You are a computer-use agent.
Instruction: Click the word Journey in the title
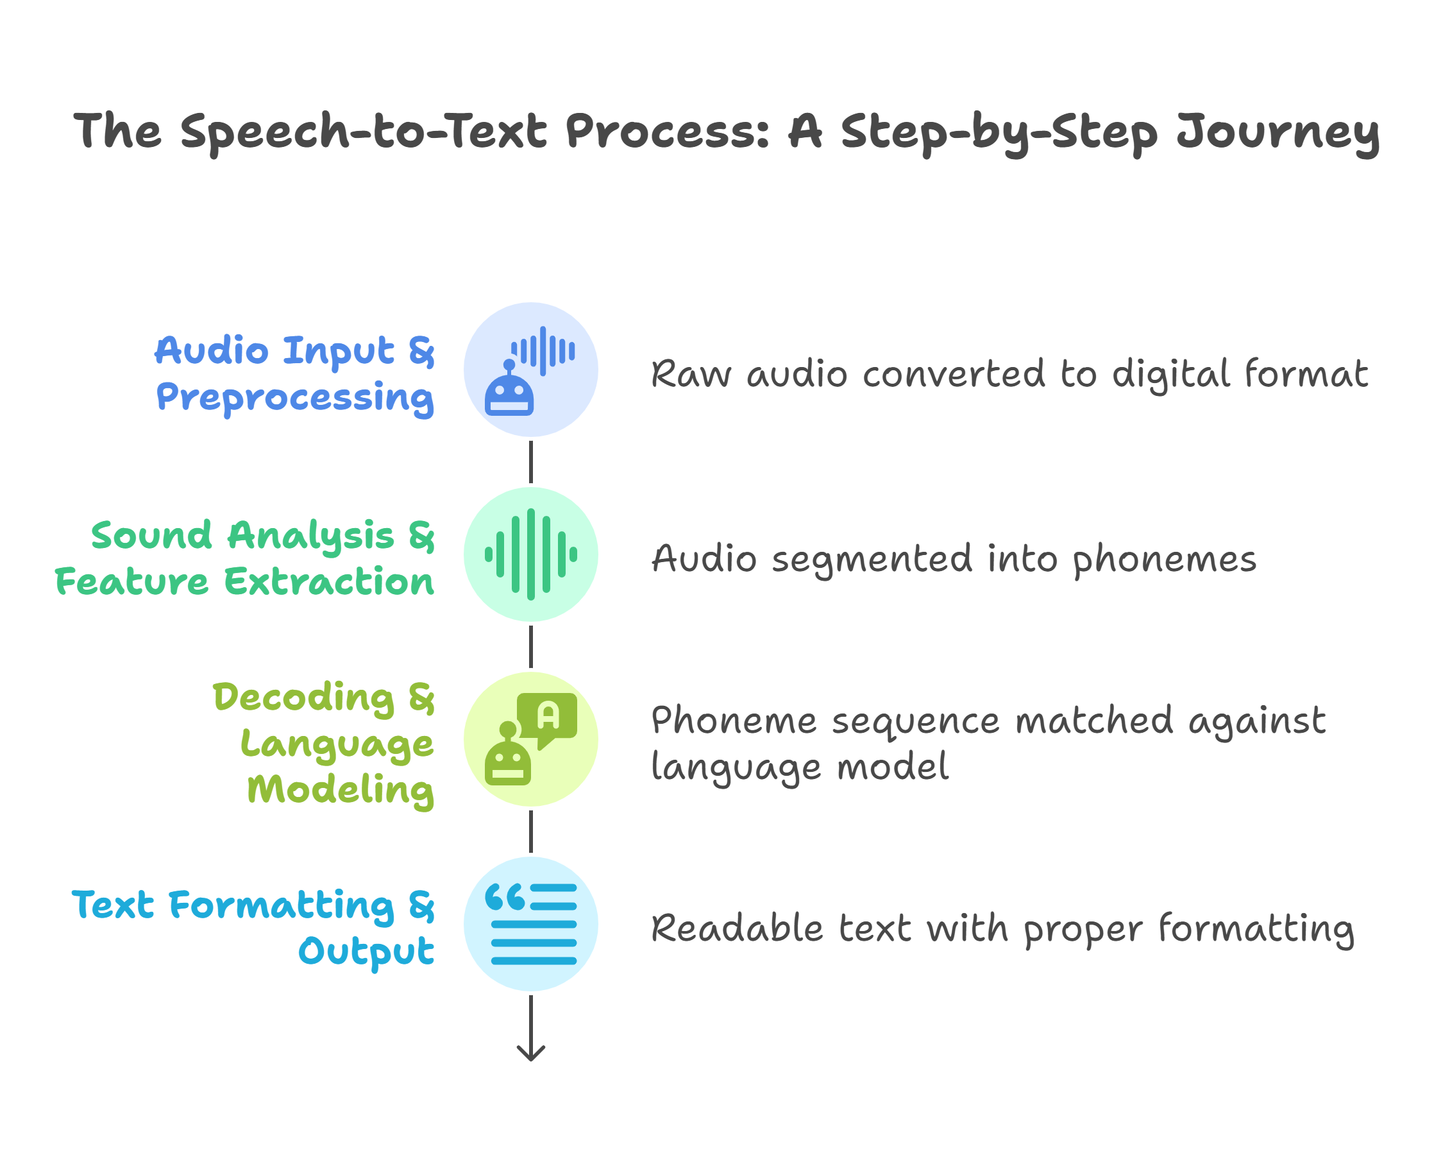coord(1277,132)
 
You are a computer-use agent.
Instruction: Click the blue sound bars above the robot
coord(543,351)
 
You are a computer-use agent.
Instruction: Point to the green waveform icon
coord(531,554)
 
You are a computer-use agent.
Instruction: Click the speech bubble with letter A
coord(548,717)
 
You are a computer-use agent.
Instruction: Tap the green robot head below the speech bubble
coord(508,761)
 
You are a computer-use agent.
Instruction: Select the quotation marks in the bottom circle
coord(505,896)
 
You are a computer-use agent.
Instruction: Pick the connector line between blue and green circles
coord(531,462)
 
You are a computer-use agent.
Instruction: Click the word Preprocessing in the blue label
coord(295,398)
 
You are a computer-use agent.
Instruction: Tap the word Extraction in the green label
coord(328,581)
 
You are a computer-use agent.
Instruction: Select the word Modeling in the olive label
coord(341,789)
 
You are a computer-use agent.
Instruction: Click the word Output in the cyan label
coord(366,952)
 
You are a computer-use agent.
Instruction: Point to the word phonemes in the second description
coord(1165,560)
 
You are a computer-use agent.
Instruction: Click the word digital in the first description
coord(1170,375)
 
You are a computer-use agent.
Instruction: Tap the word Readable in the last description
coord(737,928)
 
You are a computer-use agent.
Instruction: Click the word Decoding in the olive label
coord(304,697)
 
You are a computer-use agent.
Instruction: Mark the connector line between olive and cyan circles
coord(531,832)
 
